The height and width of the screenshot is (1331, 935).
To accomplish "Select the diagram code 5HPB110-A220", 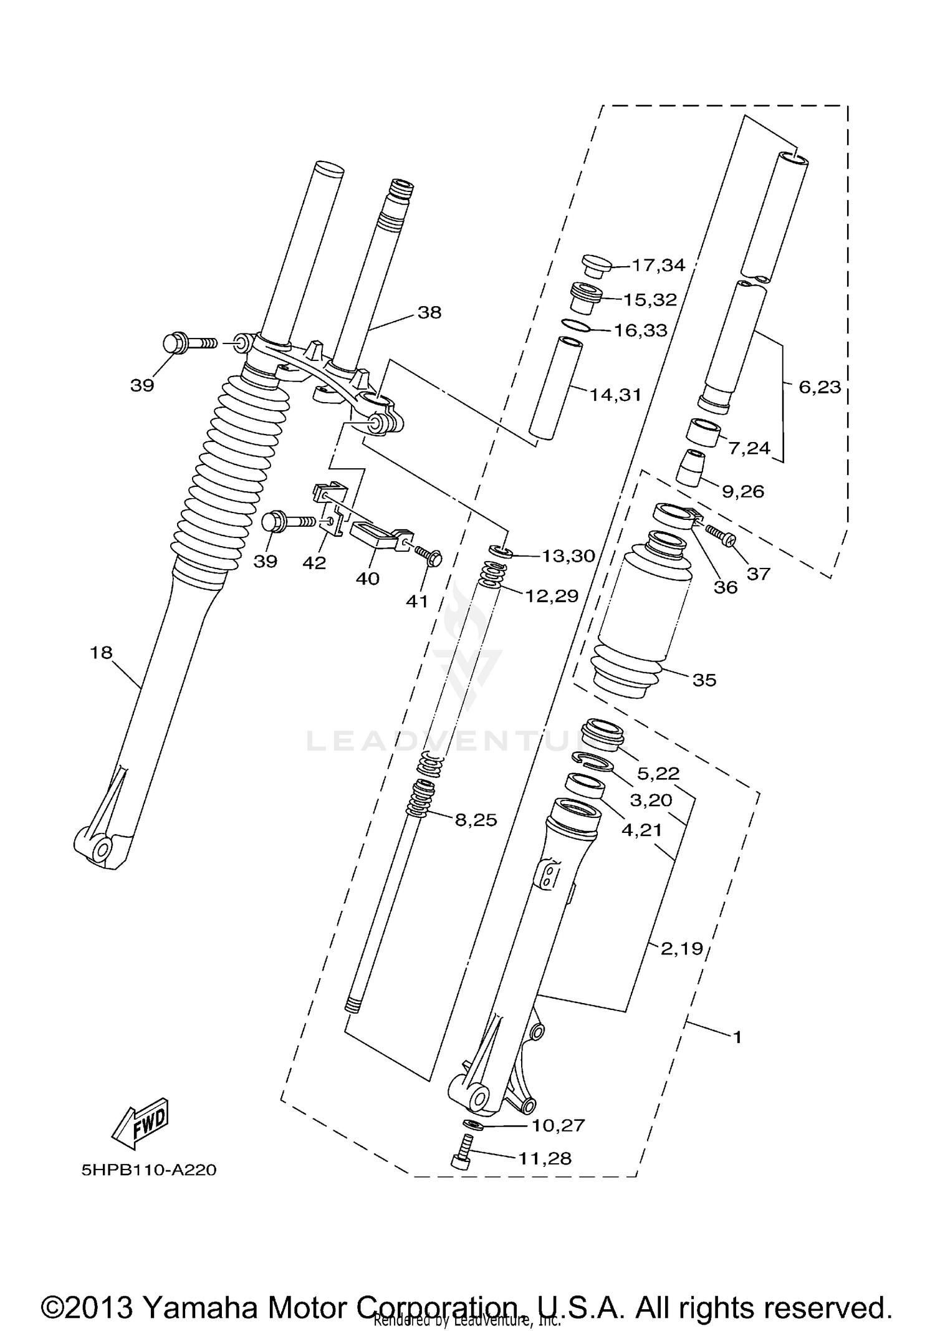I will (149, 1170).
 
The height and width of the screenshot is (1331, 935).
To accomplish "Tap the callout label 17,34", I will (658, 266).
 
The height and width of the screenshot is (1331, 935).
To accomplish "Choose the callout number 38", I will (429, 312).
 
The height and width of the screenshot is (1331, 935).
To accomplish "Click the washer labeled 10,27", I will (473, 1124).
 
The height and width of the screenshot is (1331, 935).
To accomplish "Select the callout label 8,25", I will (476, 820).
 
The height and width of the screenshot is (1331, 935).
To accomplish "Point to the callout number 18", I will (101, 653).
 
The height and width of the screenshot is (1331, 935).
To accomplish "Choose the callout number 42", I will (314, 563).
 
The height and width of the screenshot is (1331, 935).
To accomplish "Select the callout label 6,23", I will (820, 387).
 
